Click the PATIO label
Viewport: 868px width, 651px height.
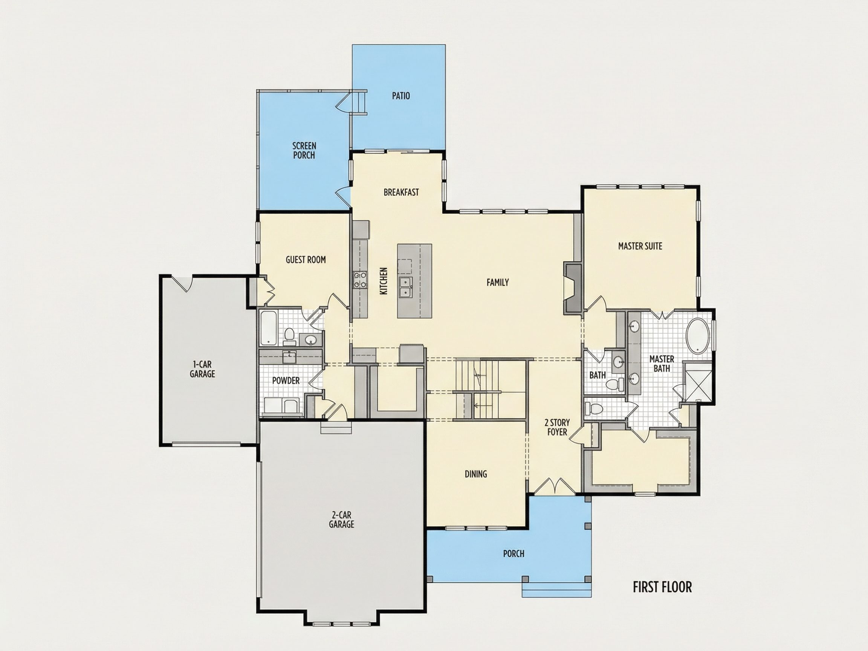coord(400,96)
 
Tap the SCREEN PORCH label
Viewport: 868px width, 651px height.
coord(304,151)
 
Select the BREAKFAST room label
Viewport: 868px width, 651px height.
coord(401,192)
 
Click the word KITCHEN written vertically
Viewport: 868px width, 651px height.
coord(384,281)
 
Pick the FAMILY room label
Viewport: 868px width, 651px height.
coord(498,282)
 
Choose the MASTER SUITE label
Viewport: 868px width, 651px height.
coord(640,246)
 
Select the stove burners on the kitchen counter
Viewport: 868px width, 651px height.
coord(360,280)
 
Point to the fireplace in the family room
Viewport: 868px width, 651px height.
coord(573,288)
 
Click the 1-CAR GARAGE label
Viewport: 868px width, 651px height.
coord(202,369)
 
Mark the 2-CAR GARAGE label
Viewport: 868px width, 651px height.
coord(341,520)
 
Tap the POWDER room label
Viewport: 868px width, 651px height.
coord(286,380)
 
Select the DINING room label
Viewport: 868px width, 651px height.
coord(475,474)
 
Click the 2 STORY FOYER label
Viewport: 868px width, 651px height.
coord(557,427)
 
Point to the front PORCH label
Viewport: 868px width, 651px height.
coord(513,554)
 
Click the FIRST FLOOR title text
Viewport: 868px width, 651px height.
coord(662,587)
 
